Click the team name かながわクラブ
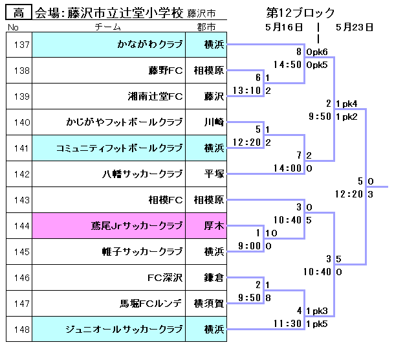(149, 45)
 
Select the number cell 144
(21, 226)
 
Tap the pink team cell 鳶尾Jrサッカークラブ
(137, 226)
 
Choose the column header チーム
(107, 27)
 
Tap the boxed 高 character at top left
(19, 12)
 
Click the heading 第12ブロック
(300, 13)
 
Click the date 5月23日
(355, 27)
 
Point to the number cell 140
(21, 122)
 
